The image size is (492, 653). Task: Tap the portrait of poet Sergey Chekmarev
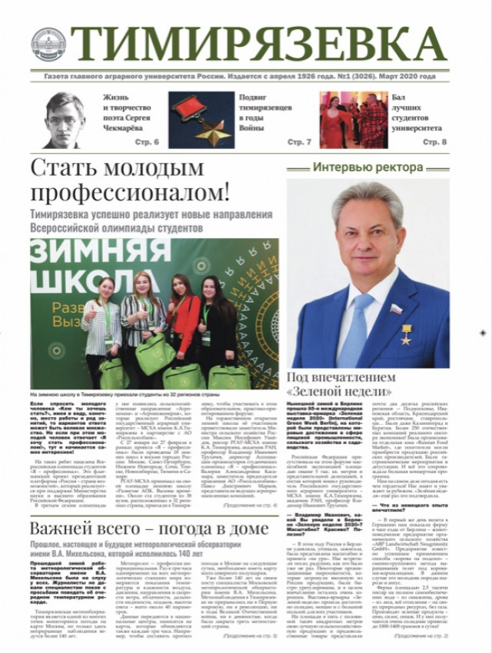tap(62, 120)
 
